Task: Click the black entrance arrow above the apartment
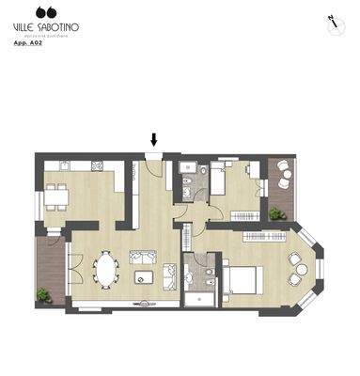[154, 139]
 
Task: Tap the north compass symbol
[332, 23]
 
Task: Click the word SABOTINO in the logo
[56, 27]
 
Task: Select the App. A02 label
[27, 43]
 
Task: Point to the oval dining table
[107, 271]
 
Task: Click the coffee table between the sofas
[144, 277]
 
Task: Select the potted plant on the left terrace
[43, 294]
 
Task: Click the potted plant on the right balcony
[276, 214]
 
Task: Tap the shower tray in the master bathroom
[200, 299]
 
